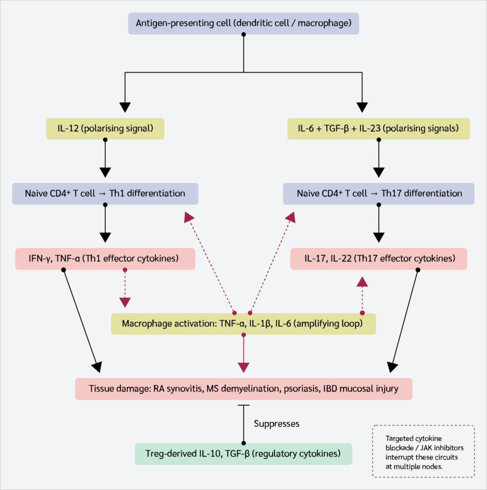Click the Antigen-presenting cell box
(243, 23)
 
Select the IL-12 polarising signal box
(105, 129)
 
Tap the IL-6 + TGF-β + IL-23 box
(378, 129)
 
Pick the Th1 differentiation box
(105, 194)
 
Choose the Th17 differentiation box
(378, 194)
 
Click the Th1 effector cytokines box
(105, 259)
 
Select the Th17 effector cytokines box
(378, 259)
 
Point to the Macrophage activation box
(243, 324)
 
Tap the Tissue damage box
(243, 389)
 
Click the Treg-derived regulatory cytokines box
(243, 454)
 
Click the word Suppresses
(277, 424)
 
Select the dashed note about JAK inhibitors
(423, 451)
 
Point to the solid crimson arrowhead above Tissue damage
(243, 367)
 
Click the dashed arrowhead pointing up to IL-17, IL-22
(362, 282)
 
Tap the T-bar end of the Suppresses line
(243, 405)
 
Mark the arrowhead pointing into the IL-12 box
(125, 107)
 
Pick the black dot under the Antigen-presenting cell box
(243, 34)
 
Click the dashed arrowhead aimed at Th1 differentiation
(188, 217)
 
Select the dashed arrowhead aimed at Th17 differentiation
(290, 217)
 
